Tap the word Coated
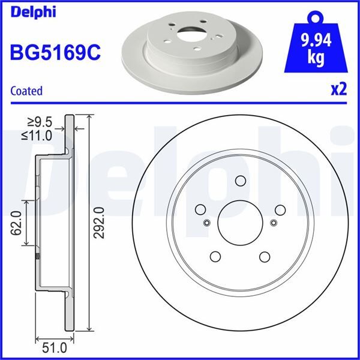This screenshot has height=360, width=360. click(x=26, y=91)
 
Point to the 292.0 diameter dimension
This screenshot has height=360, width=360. click(x=100, y=222)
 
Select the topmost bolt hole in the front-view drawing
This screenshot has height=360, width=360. click(x=240, y=181)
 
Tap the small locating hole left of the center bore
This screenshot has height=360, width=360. click(x=206, y=224)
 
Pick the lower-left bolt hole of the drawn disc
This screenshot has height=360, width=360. click(x=215, y=257)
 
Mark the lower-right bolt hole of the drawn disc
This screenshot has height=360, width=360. click(x=263, y=257)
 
